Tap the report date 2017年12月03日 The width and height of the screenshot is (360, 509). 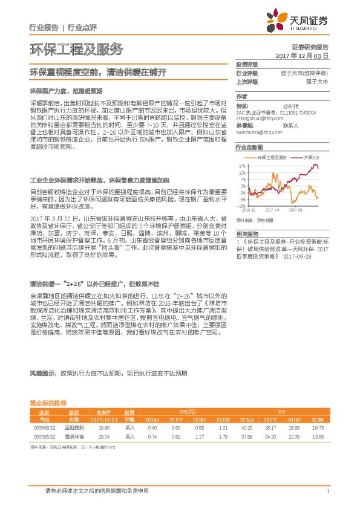(301, 56)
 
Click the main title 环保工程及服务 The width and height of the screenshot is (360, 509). (76, 49)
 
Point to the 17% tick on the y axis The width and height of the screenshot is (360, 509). (243, 165)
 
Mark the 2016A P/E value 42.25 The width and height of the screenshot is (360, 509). (246, 427)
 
